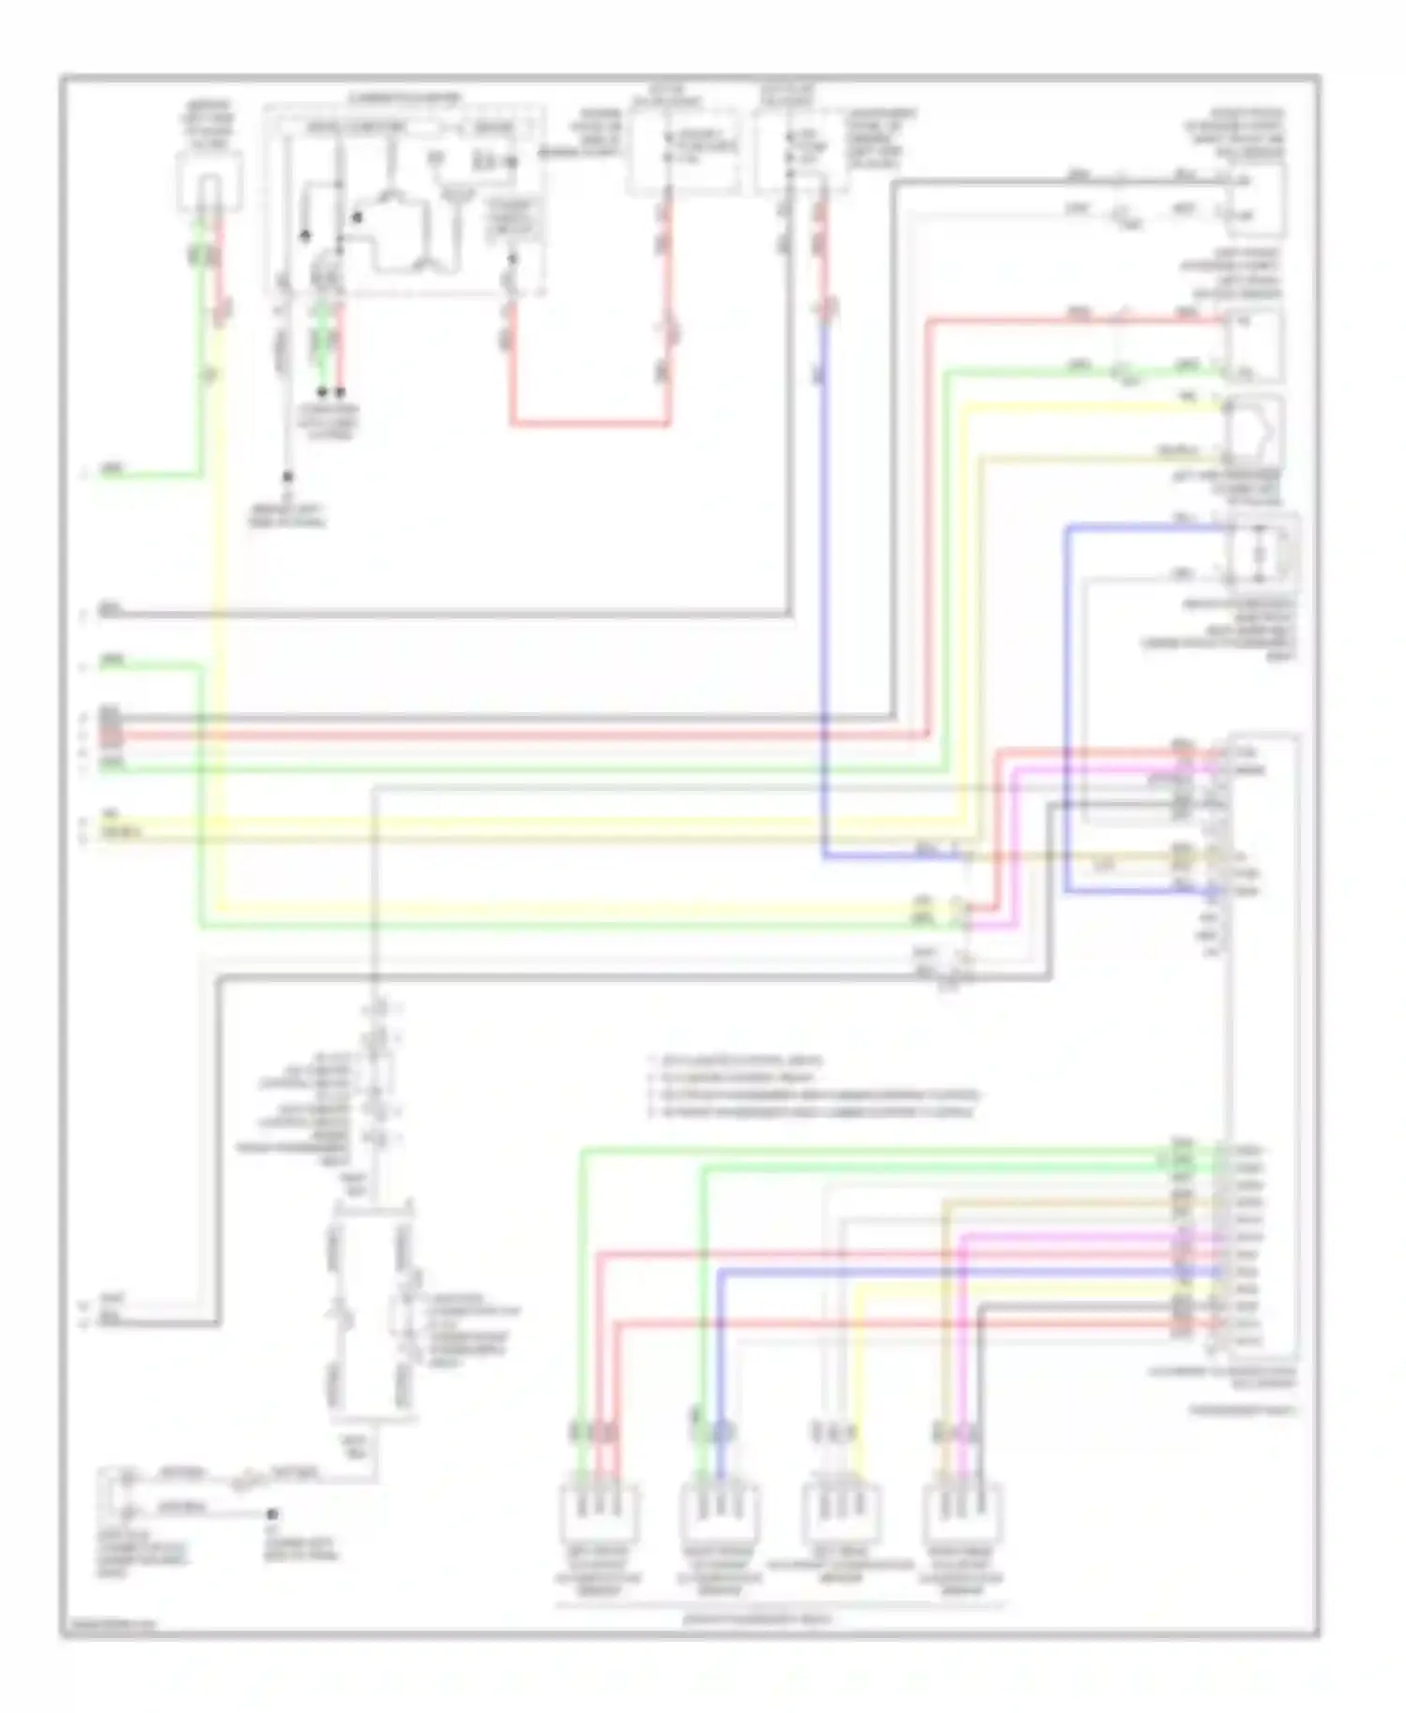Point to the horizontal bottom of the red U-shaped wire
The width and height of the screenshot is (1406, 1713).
click(x=591, y=424)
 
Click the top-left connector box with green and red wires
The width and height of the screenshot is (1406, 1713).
click(x=210, y=183)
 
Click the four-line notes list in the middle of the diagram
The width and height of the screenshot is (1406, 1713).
click(x=812, y=1087)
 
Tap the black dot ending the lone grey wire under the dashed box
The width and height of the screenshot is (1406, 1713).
click(x=288, y=477)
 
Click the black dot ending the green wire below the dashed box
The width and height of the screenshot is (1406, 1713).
click(x=322, y=392)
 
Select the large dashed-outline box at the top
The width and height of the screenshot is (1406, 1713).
click(x=403, y=201)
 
